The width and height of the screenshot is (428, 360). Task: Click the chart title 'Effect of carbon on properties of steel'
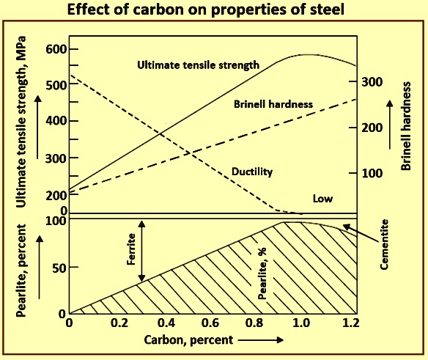click(x=205, y=10)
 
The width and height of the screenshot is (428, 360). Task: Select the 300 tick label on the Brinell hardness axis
click(x=372, y=81)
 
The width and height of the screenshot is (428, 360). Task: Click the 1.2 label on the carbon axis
click(x=350, y=323)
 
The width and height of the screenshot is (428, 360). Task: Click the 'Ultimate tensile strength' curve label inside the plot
click(x=198, y=65)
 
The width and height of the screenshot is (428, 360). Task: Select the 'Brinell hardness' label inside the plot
click(x=273, y=104)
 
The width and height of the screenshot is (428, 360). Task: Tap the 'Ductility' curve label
click(x=252, y=172)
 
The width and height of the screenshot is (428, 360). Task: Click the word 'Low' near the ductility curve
click(x=322, y=199)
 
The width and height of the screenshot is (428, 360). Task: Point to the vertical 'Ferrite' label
click(x=131, y=249)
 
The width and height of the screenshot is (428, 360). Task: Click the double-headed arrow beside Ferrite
click(x=141, y=251)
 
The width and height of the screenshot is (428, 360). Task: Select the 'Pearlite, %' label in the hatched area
click(x=262, y=273)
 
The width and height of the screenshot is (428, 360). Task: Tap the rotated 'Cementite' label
click(x=384, y=244)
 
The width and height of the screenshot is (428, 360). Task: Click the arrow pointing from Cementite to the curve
click(x=361, y=233)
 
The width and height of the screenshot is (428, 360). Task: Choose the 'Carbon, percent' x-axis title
click(x=188, y=340)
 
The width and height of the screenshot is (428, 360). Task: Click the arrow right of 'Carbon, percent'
click(x=261, y=340)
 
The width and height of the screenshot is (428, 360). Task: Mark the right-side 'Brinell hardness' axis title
click(x=406, y=126)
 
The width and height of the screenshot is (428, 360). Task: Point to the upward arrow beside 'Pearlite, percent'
click(x=40, y=267)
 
